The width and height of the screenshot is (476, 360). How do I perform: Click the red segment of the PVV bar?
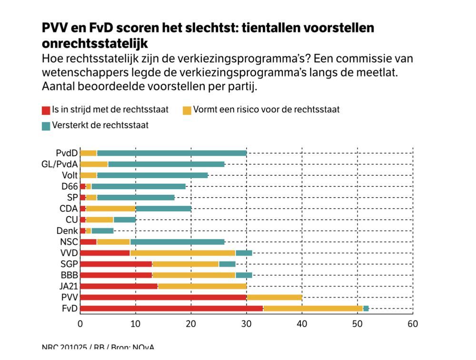[163, 297]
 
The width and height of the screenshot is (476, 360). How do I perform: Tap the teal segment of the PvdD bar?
[171, 153]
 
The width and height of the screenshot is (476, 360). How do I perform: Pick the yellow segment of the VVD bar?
[183, 253]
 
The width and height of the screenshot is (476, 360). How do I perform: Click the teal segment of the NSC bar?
[177, 242]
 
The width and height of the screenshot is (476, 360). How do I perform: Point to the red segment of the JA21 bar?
[119, 286]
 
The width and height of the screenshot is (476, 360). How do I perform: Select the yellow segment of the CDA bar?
[110, 209]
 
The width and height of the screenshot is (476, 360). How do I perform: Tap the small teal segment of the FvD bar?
[366, 309]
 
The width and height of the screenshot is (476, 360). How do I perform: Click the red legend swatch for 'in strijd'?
[46, 110]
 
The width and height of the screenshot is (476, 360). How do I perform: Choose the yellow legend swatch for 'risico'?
[187, 110]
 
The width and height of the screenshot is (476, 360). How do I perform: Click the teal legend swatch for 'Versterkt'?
[46, 126]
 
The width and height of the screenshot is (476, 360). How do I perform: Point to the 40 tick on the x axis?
[302, 324]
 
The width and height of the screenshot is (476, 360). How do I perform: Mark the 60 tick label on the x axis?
[413, 324]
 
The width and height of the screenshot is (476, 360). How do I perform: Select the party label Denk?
[67, 230]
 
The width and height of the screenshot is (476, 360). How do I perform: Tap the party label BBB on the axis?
[68, 275]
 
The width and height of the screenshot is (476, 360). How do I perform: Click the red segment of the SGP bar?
[116, 264]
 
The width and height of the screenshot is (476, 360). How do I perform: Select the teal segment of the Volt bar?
[152, 175]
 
